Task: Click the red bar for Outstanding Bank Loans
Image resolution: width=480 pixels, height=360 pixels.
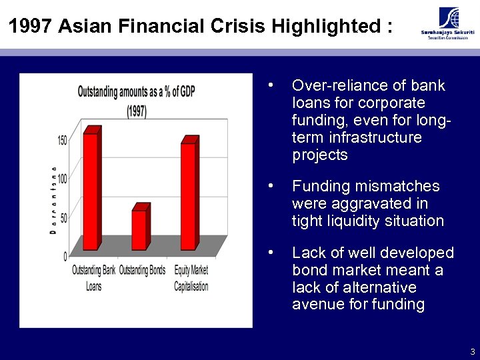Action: (x=91, y=190)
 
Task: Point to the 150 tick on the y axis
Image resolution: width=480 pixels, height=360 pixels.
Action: (x=62, y=141)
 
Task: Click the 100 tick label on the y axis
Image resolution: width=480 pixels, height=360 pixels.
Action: (x=62, y=179)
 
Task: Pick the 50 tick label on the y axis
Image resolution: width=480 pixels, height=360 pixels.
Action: (x=63, y=217)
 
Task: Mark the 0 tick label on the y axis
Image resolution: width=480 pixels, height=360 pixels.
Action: (x=65, y=255)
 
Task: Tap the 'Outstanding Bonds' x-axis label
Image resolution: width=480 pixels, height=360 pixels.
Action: (x=142, y=271)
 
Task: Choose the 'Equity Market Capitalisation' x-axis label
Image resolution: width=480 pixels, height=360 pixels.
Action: (x=191, y=277)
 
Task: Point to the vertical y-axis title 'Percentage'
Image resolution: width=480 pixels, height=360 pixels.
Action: (x=52, y=199)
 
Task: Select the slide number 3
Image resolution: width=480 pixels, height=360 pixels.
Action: (x=472, y=351)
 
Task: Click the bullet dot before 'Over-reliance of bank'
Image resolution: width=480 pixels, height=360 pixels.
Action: (x=270, y=85)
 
